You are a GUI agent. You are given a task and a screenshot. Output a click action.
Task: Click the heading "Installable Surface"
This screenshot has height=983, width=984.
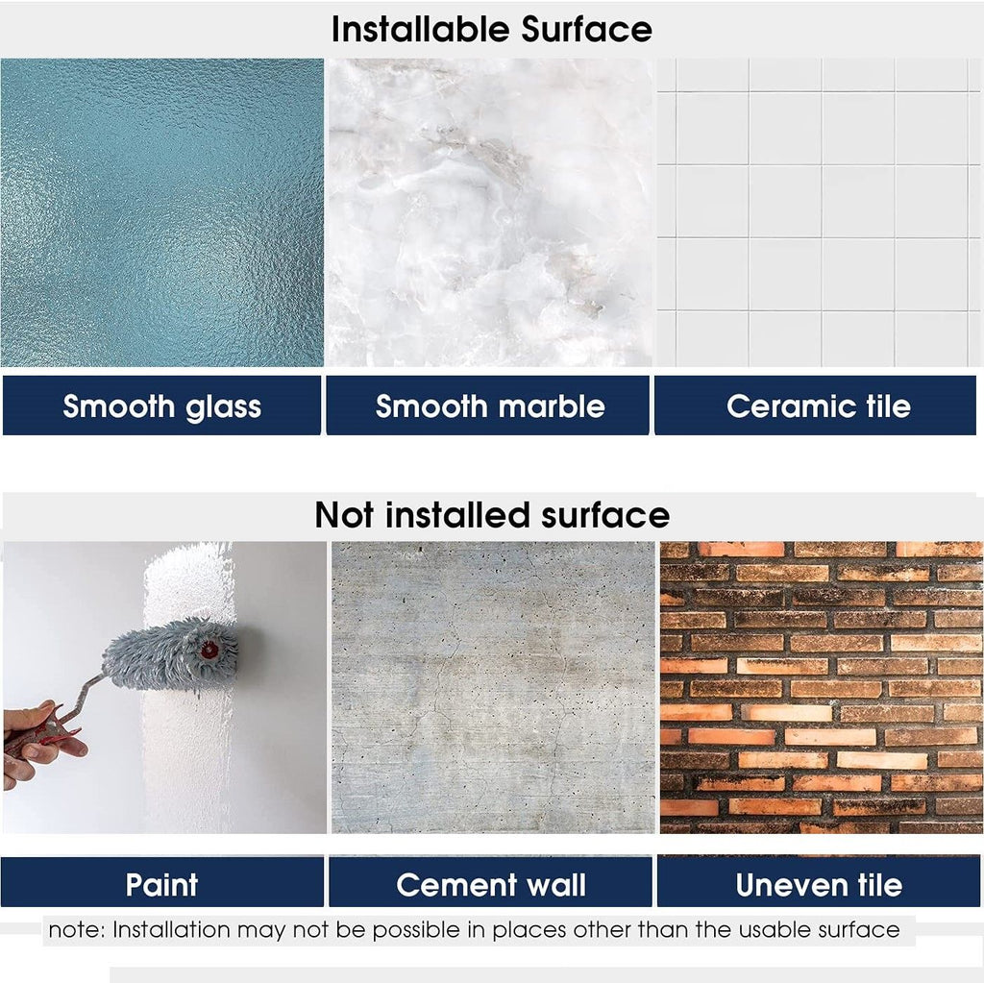(491, 30)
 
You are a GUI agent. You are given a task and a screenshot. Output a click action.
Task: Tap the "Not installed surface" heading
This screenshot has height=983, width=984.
(492, 515)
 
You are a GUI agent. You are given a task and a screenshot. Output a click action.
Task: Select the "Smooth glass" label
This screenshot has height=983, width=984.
(161, 406)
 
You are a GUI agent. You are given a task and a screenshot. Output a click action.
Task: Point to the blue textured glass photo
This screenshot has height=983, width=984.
(161, 212)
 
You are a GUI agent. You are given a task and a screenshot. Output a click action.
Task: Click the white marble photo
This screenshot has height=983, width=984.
(490, 212)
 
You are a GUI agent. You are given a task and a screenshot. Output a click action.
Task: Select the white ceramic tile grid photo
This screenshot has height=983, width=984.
(819, 212)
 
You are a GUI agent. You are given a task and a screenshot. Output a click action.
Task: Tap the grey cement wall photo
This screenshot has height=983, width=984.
(493, 687)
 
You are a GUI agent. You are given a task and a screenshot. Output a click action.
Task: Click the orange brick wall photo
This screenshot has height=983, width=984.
(822, 687)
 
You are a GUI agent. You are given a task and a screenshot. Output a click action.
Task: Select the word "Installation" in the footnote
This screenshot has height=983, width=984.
(172, 929)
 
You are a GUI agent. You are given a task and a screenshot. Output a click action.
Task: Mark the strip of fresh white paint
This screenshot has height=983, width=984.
(188, 687)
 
